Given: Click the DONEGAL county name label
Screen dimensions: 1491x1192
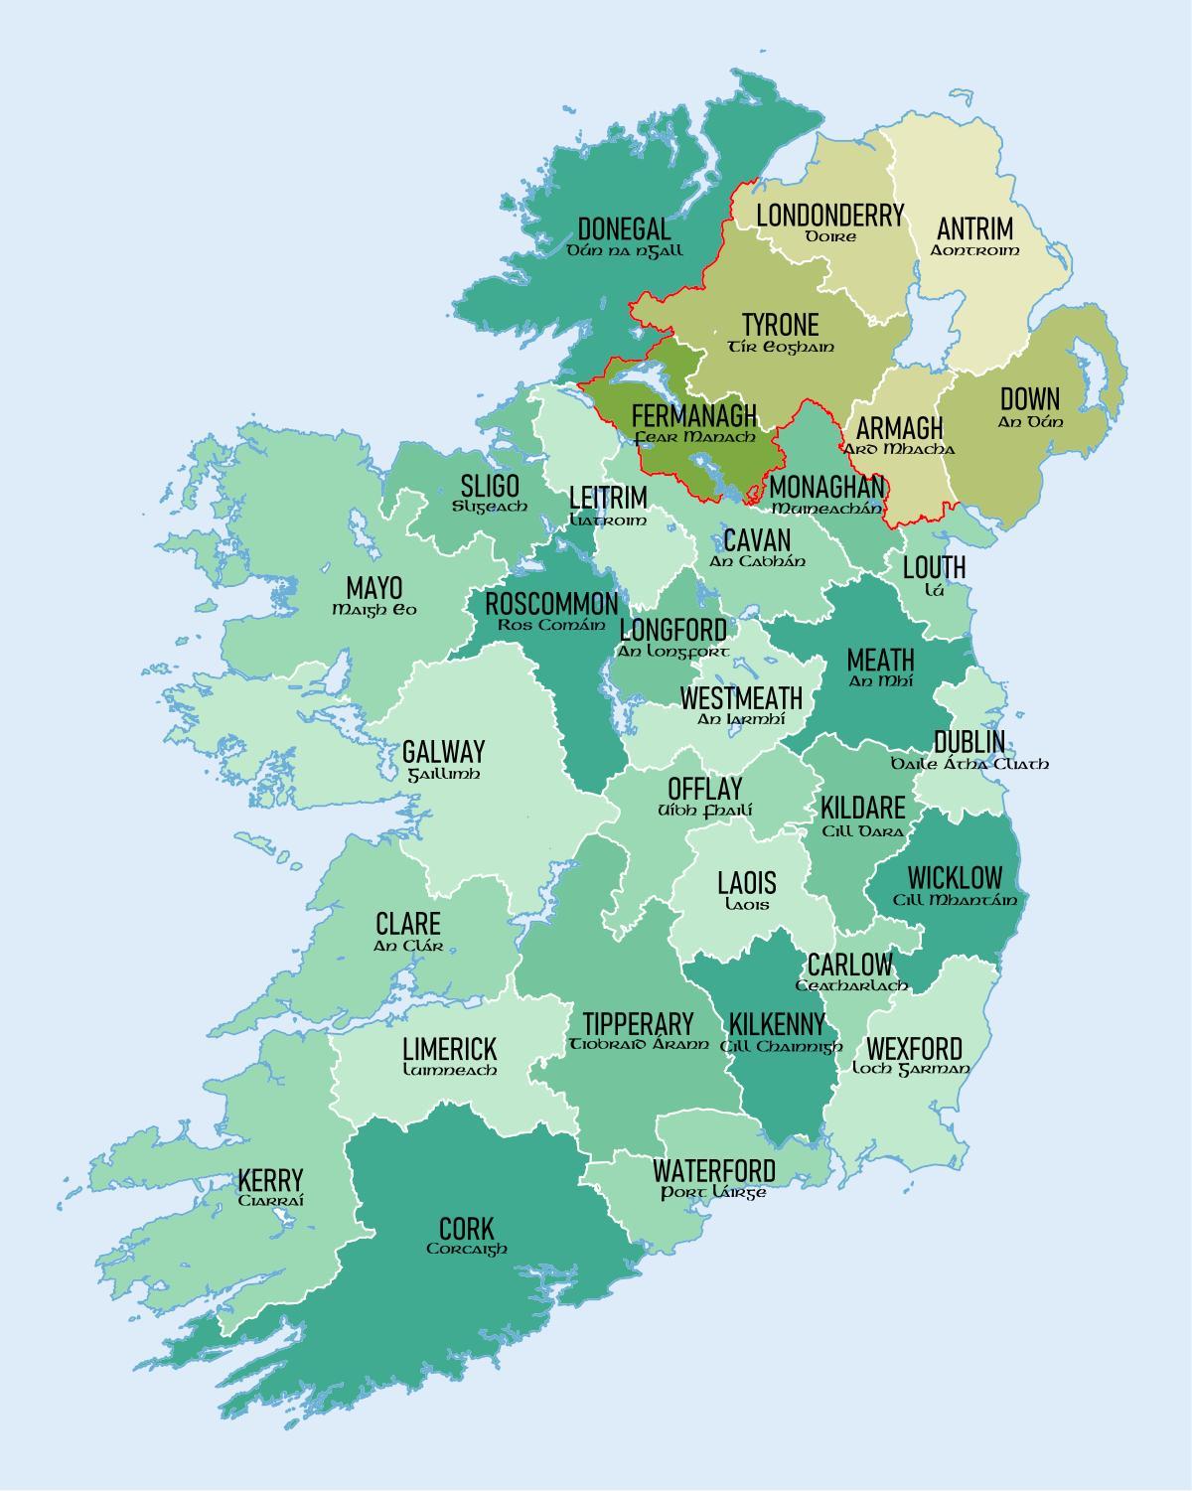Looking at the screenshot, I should pyautogui.click(x=624, y=228).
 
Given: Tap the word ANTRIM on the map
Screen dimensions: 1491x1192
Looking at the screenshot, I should pyautogui.click(x=974, y=228).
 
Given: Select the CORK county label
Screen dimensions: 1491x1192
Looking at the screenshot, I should pyautogui.click(x=466, y=1228).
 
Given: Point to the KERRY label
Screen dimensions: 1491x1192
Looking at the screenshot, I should pyautogui.click(x=270, y=1180).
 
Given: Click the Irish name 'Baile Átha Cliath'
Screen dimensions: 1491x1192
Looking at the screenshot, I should pyautogui.click(x=968, y=764).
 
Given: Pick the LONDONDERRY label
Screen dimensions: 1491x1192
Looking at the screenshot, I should pyautogui.click(x=829, y=215).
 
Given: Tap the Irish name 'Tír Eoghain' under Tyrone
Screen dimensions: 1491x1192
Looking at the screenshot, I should pyautogui.click(x=781, y=347).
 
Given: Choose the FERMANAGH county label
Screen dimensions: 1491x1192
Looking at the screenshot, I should pyautogui.click(x=694, y=415).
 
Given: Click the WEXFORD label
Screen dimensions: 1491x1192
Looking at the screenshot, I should pyautogui.click(x=913, y=1049).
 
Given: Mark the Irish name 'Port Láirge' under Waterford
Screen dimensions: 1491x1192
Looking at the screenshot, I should pyautogui.click(x=713, y=1192).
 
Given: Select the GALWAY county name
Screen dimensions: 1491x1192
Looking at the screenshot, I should pyautogui.click(x=443, y=751).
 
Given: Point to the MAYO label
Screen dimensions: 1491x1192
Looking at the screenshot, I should pyautogui.click(x=374, y=587).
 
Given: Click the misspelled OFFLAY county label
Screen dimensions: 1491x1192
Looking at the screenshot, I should pyautogui.click(x=704, y=789).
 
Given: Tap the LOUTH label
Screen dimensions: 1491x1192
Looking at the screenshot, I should pyautogui.click(x=934, y=567).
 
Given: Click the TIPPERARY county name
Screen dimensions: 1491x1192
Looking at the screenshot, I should pyautogui.click(x=638, y=1024).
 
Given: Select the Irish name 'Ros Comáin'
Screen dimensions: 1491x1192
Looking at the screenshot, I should pyautogui.click(x=550, y=625).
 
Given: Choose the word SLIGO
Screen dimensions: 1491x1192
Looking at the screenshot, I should pyautogui.click(x=489, y=486).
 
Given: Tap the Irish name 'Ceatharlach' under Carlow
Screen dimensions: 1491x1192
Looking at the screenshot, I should pyautogui.click(x=851, y=985).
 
